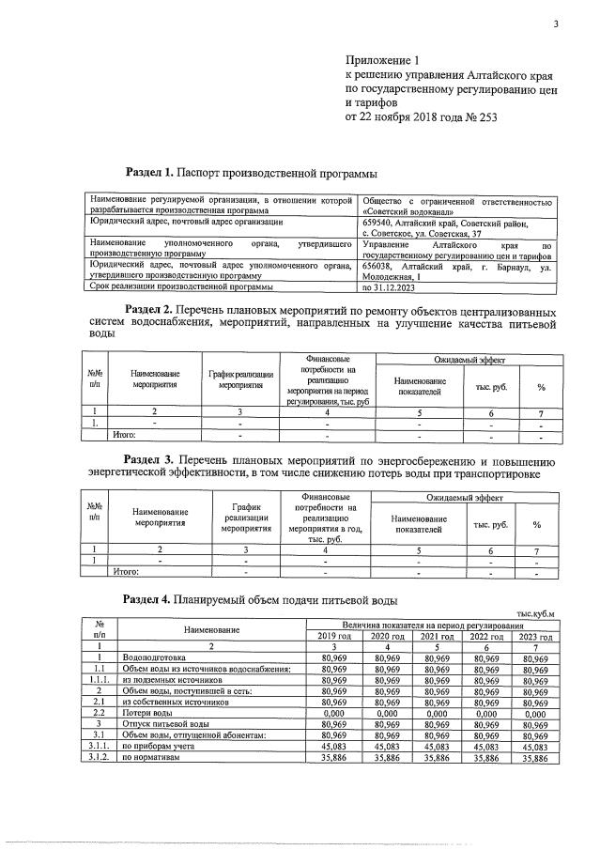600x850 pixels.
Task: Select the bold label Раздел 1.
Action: pos(150,173)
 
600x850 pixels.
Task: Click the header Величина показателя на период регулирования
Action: pos(433,625)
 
